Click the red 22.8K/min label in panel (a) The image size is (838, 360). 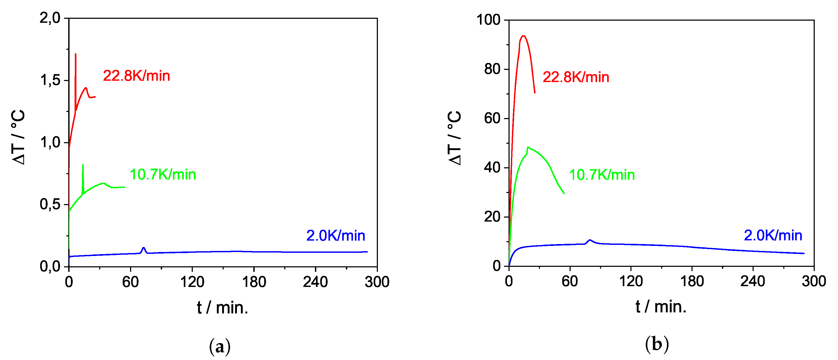(136, 76)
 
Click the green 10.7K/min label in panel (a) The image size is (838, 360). (163, 175)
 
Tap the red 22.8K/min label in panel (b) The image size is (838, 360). (576, 77)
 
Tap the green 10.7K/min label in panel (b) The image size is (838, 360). (602, 175)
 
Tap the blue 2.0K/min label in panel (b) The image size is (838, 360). (773, 235)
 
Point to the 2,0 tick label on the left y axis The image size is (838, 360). (50, 18)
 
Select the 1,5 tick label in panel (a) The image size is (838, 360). (50, 80)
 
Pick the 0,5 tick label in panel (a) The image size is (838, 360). (50, 204)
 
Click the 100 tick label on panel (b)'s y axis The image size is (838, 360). (488, 20)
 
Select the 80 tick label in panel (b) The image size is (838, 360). (492, 69)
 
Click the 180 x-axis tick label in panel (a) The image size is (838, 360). (254, 282)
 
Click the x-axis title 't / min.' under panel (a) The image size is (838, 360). (222, 308)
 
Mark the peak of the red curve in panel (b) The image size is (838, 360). (523, 36)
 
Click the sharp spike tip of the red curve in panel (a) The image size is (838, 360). (75, 54)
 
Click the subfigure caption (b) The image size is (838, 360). (657, 344)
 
